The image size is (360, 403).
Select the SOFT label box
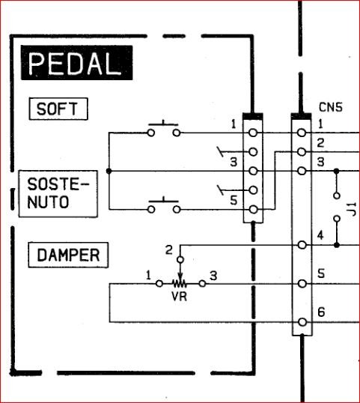click(x=57, y=109)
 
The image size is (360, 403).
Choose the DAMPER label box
click(x=68, y=255)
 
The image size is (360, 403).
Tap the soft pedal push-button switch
click(x=163, y=131)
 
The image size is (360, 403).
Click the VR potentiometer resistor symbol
click(x=179, y=284)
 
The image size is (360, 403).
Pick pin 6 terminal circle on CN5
click(x=302, y=322)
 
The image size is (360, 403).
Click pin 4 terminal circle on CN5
click(x=302, y=245)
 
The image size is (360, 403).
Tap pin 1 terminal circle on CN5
click(x=302, y=133)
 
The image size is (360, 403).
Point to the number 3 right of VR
click(x=213, y=277)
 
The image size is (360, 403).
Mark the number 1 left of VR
click(x=148, y=277)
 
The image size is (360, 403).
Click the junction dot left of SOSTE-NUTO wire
click(x=109, y=171)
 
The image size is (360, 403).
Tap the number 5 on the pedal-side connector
click(x=233, y=199)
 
